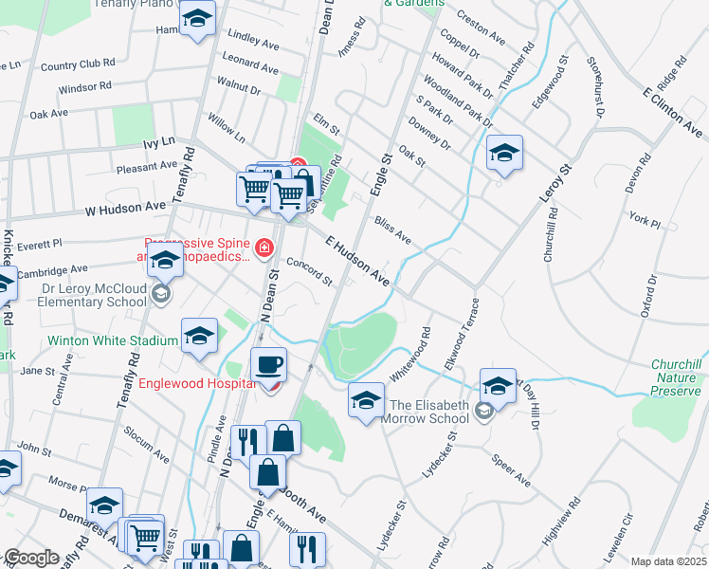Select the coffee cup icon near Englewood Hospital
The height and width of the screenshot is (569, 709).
pyautogui.click(x=269, y=364)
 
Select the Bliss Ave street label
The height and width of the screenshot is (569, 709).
pyautogui.click(x=392, y=230)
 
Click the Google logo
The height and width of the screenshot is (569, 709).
pyautogui.click(x=30, y=558)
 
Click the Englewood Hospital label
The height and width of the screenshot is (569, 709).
pyautogui.click(x=197, y=383)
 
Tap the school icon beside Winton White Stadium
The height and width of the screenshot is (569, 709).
pyautogui.click(x=199, y=335)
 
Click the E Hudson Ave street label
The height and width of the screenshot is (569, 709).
pyautogui.click(x=357, y=262)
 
